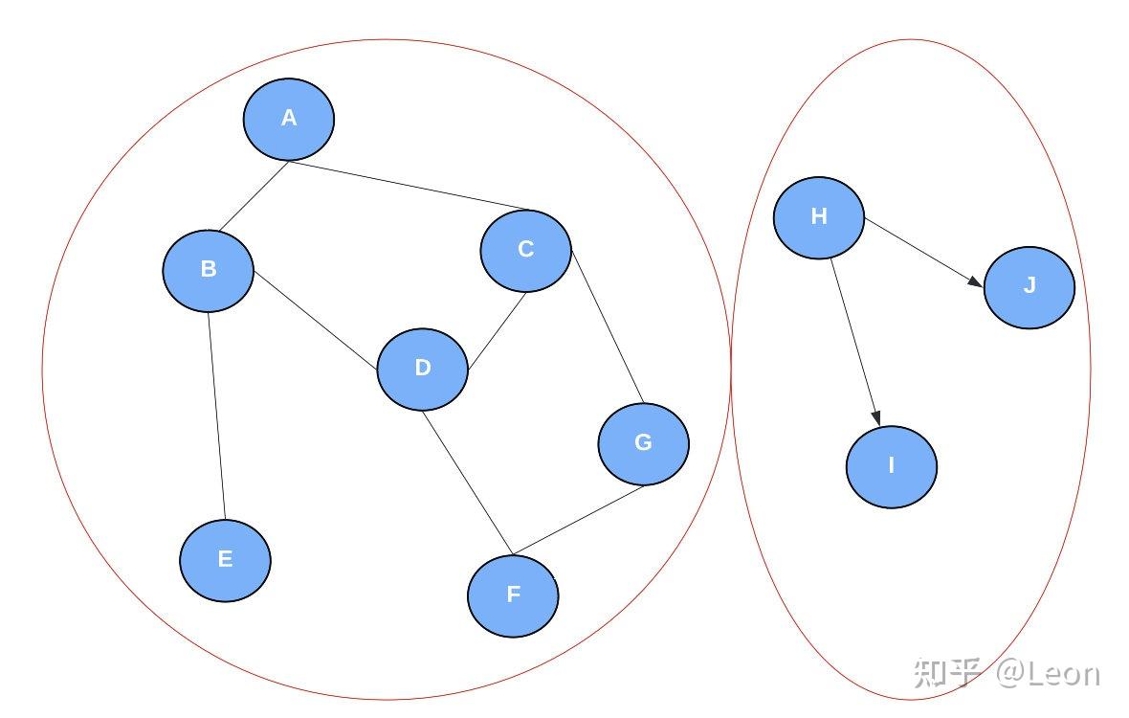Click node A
pos(289,119)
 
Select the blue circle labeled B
pos(209,270)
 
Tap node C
pos(525,250)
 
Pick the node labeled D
pos(423,369)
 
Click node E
pos(225,560)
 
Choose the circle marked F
pos(513,595)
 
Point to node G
pos(643,443)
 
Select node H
pos(818,217)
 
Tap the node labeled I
pos(891,466)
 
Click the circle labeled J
pos(1029,286)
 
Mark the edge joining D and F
pos(468,482)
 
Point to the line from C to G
pos(608,325)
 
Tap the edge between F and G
pos(580,520)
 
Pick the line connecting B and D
pos(316,320)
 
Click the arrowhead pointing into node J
pos(974,281)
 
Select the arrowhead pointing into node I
pos(875,416)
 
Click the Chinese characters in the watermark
pos(946,673)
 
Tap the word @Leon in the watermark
pos(1048,673)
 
